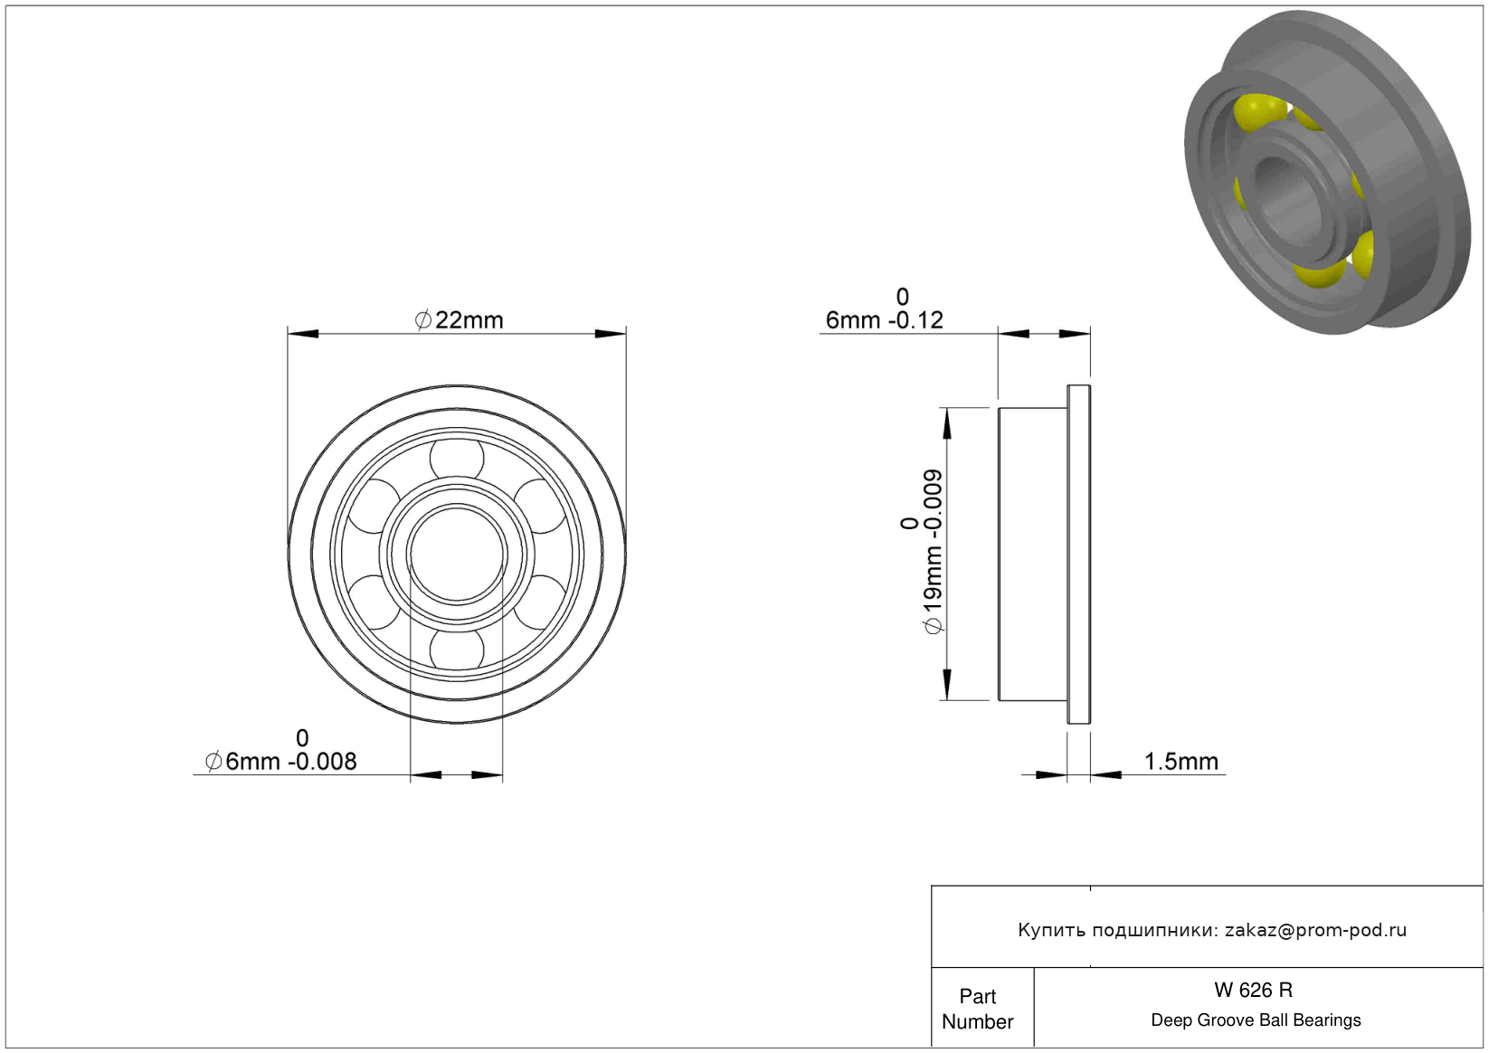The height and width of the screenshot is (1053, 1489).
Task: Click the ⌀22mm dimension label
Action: click(459, 320)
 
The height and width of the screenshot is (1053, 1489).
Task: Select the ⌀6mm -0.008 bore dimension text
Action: click(281, 751)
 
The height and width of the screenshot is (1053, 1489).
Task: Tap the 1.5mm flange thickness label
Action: click(1181, 762)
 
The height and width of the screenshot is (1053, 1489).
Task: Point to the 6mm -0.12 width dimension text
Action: click(884, 309)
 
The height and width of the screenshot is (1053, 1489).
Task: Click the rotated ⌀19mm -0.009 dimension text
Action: click(922, 552)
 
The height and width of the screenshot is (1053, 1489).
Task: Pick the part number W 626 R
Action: click(1253, 991)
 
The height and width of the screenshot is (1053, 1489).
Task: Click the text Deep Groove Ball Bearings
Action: click(1256, 1020)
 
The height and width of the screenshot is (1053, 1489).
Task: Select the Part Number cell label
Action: click(977, 1010)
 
